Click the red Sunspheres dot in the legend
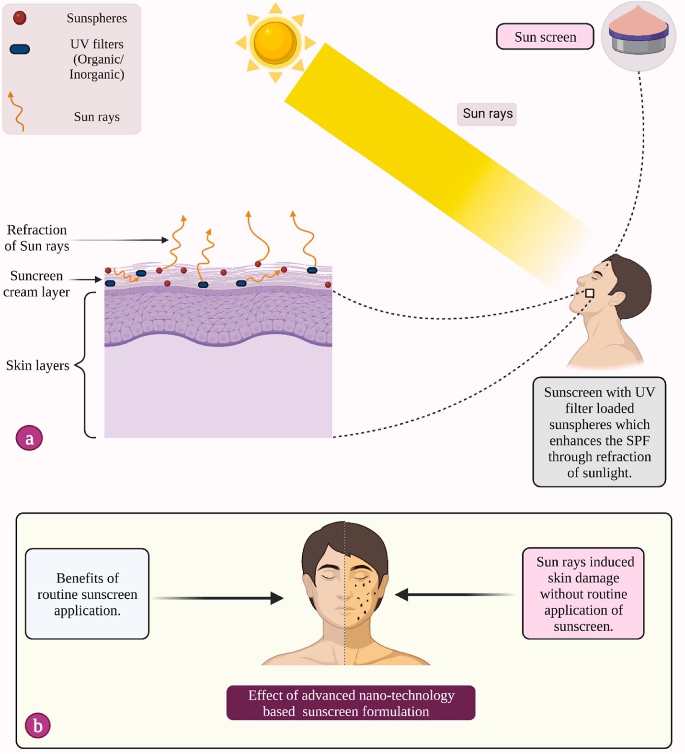pos(20,18)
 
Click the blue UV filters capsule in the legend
pos(20,49)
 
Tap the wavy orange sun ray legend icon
pos(16,112)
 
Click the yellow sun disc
pos(275,42)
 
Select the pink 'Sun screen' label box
pos(545,37)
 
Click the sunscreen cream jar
pos(638,36)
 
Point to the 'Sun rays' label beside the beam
pos(487,114)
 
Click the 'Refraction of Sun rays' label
pos(37,238)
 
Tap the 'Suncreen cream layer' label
pos(36,284)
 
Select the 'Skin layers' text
pos(38,366)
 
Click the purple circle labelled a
pos(29,438)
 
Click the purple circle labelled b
pos(37,726)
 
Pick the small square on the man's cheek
pos(590,293)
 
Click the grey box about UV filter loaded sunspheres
pos(599,432)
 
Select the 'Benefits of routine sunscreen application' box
pos(87,594)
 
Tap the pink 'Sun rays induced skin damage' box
pos(583,593)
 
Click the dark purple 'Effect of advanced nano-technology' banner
pos(351,703)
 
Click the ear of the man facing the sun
pos(617,299)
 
